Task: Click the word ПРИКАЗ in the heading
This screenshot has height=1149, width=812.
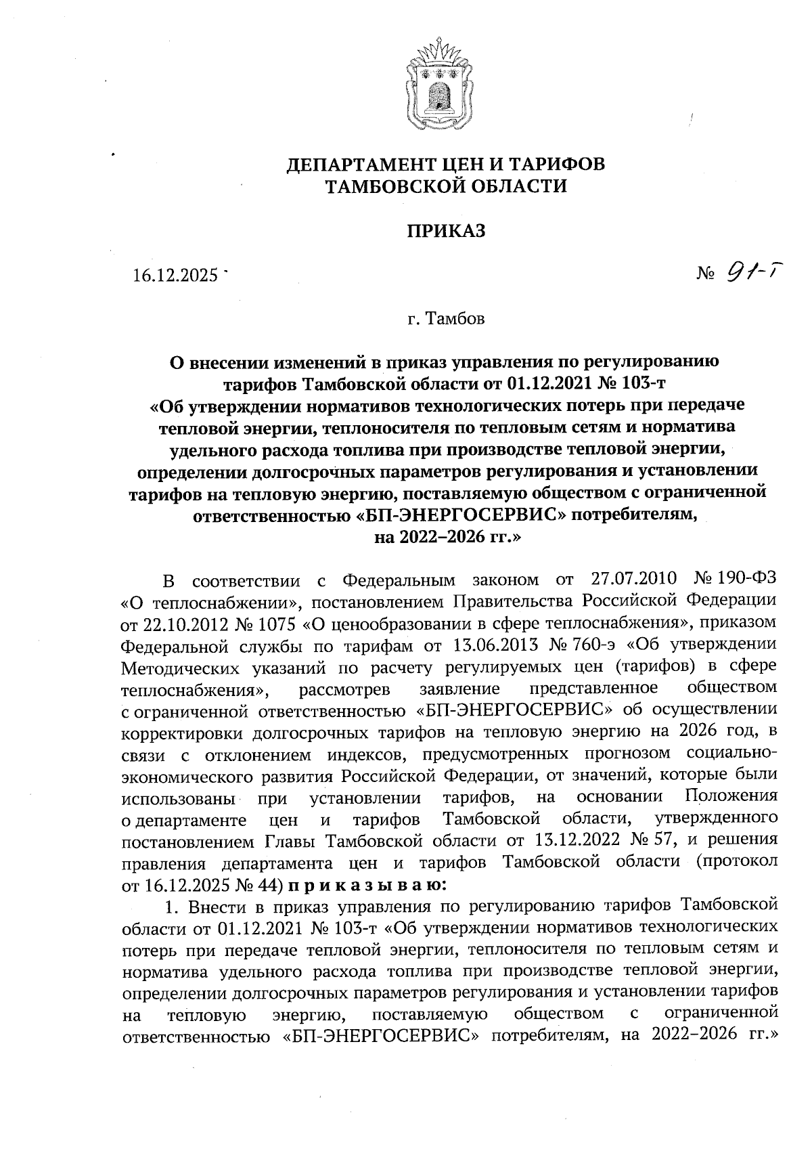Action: (x=446, y=232)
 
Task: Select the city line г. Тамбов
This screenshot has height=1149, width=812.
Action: (x=445, y=318)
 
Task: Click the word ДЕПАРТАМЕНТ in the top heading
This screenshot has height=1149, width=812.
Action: (x=363, y=165)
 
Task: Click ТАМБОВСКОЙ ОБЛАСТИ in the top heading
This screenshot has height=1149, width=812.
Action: (x=446, y=186)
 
